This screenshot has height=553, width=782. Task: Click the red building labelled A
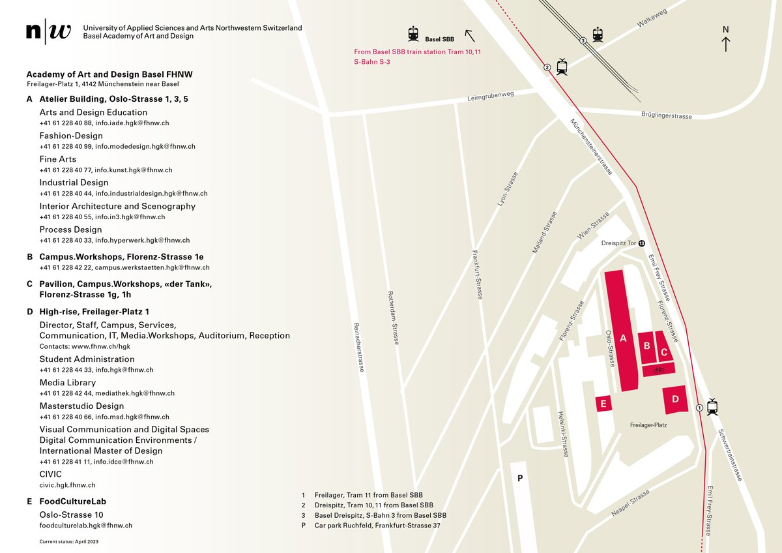(x=622, y=333)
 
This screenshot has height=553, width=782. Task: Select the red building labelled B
(x=646, y=346)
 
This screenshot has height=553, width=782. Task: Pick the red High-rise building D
(x=676, y=399)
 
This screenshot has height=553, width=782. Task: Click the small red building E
(x=603, y=404)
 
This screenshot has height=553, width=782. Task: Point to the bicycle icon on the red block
(x=658, y=370)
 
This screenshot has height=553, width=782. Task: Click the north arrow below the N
(x=726, y=44)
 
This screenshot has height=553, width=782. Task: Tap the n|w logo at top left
(x=49, y=32)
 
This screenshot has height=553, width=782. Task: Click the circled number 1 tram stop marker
(x=699, y=408)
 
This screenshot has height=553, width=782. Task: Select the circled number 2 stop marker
(x=547, y=67)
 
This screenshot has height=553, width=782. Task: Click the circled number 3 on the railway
(x=584, y=40)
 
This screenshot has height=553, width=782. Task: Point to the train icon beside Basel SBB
(x=413, y=34)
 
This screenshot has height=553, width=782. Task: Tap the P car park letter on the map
(x=520, y=478)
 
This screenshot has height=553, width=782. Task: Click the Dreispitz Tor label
(x=618, y=243)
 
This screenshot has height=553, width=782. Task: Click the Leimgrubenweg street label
(x=491, y=97)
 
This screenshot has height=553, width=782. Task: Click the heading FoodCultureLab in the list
(x=72, y=501)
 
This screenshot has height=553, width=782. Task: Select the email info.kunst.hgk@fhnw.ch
(x=134, y=170)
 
